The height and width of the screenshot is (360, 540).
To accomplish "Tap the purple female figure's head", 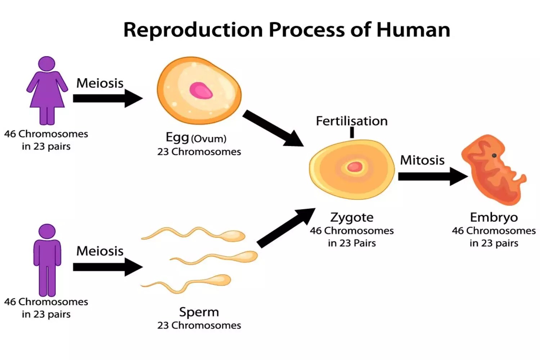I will [47, 64].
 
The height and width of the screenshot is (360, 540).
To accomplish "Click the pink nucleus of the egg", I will [201, 90].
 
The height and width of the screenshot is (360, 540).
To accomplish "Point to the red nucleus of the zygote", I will [354, 167].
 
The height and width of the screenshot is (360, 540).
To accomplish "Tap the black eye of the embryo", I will [494, 156].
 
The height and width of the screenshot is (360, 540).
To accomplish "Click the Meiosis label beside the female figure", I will [100, 83].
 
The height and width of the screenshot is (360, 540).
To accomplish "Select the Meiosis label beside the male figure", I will [100, 251].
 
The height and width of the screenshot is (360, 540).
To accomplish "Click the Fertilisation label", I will [352, 121].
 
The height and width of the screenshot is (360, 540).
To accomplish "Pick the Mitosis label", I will [422, 160].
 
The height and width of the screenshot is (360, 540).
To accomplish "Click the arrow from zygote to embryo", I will [432, 176].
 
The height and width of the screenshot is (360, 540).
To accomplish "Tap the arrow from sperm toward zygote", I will [286, 228].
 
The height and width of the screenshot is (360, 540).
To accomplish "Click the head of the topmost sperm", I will [234, 236].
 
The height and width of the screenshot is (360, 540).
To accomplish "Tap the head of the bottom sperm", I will [220, 280].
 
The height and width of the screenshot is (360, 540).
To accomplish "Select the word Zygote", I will [352, 217].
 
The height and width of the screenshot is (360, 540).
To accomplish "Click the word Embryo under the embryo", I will [494, 217].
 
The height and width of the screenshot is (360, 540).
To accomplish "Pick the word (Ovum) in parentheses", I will [209, 139].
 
